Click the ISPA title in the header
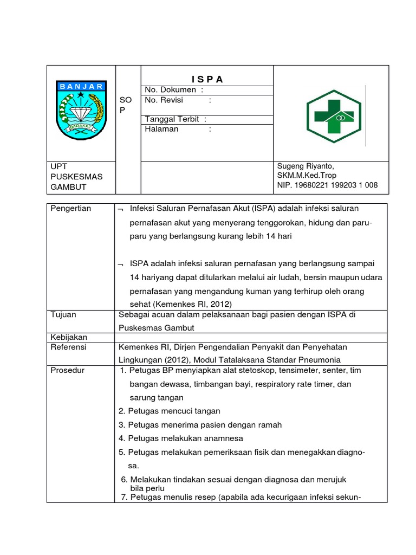pyautogui.click(x=206, y=79)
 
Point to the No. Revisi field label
pyautogui.click(x=164, y=100)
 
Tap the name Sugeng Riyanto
pyautogui.click(x=305, y=166)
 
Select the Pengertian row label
pyautogui.click(x=71, y=209)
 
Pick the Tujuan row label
pyautogui.click(x=63, y=314)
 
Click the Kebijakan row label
pyautogui.click(x=68, y=337)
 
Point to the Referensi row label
pyautogui.click(x=68, y=346)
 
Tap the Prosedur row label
pyautogui.click(x=67, y=370)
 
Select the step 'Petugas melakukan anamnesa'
pyautogui.click(x=181, y=438)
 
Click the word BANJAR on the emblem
pyautogui.click(x=81, y=87)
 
